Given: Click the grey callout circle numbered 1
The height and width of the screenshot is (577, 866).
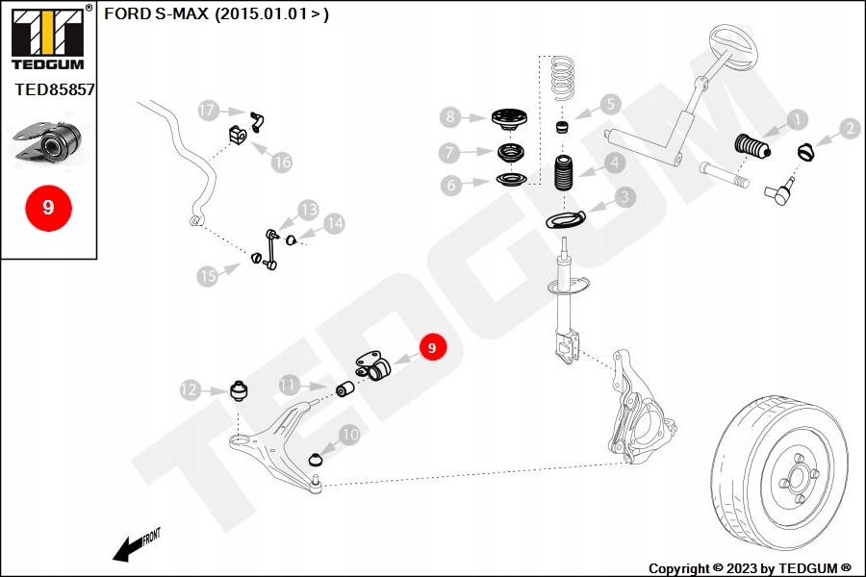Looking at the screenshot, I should click(798, 120).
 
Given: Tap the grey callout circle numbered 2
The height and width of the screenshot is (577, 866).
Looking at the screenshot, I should click(849, 128).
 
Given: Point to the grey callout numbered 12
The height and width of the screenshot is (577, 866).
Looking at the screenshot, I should click(189, 389).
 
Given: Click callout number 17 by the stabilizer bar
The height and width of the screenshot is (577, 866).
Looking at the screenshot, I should click(209, 111).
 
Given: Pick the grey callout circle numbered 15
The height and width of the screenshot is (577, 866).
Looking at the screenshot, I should click(208, 277).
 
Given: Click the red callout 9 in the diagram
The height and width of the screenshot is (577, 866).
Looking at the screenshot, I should click(432, 347).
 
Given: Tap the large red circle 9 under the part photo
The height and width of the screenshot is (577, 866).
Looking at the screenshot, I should click(48, 207).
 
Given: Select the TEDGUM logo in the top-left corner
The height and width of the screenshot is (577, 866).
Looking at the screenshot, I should click(47, 39).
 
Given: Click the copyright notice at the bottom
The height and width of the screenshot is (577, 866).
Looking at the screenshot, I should click(750, 568).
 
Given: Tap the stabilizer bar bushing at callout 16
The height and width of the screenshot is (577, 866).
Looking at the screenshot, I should click(238, 137).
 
